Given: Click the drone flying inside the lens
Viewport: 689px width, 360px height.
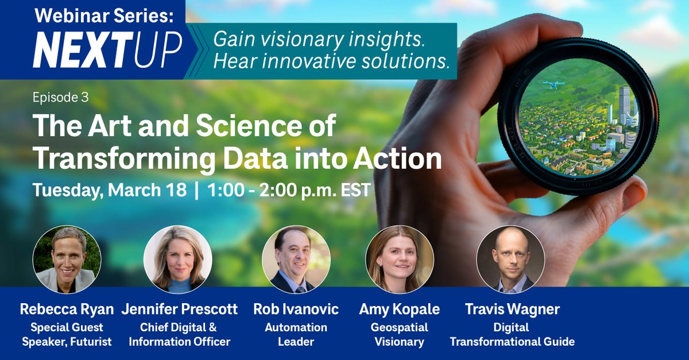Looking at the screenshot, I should point(553,85).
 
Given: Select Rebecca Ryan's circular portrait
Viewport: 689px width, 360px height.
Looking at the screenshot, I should point(67,259).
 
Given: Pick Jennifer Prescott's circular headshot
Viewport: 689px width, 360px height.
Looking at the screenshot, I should point(177,259).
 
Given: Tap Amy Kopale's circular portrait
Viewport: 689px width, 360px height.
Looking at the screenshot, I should point(400,259).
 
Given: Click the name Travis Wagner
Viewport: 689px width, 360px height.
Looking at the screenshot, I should point(512,309).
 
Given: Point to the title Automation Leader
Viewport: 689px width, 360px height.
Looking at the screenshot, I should point(296,335).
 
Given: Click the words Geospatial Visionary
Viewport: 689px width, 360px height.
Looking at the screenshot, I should point(400,335).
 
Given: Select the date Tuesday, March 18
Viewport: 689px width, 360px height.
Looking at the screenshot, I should point(109,190).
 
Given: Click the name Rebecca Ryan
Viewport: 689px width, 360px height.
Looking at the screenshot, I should point(67,309).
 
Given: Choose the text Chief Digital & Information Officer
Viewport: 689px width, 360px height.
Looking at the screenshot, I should point(179,335).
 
